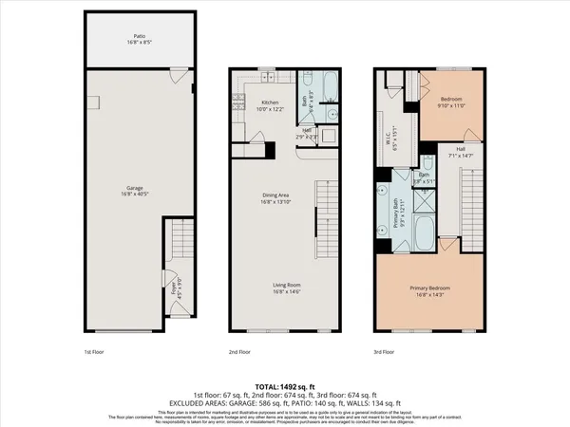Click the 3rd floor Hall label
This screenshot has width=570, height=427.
tap(459, 150)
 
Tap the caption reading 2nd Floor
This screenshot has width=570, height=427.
tap(239, 350)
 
